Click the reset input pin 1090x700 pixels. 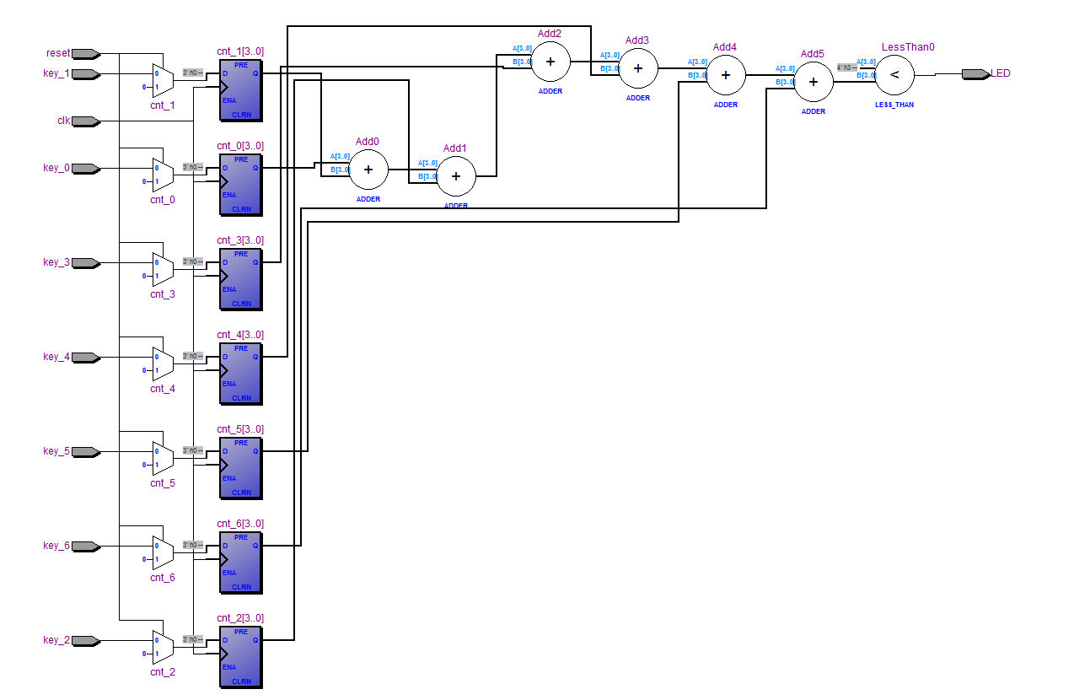85,54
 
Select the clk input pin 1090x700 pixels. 85,121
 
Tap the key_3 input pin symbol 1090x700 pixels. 85,263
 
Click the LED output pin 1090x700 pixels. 975,74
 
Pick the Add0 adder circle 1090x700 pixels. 368,170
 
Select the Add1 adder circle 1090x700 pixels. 456,176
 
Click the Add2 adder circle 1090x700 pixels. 550,62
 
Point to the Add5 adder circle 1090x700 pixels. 813,82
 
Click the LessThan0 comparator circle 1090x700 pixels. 894,75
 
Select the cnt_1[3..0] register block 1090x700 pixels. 240,91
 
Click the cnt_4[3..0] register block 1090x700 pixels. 240,374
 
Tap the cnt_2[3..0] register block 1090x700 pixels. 240,658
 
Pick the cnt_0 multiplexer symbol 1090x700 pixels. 163,174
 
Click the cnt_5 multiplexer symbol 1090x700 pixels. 163,457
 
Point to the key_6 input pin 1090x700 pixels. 85,547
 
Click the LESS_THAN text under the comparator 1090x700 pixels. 894,105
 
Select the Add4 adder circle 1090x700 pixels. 726,75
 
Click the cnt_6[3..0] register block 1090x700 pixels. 240,563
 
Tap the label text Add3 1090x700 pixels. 637,40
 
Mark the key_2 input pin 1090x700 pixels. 85,641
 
